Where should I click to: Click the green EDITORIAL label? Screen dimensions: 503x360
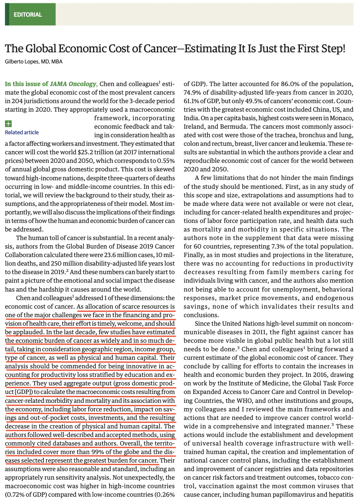pos(28,15)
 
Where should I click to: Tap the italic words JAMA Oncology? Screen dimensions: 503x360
pos(73,84)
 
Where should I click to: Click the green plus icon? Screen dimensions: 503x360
pos(8,124)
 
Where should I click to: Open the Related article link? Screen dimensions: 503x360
pos(22,132)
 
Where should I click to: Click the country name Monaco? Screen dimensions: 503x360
pos(341,118)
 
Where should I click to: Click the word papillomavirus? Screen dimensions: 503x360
pos(304,494)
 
